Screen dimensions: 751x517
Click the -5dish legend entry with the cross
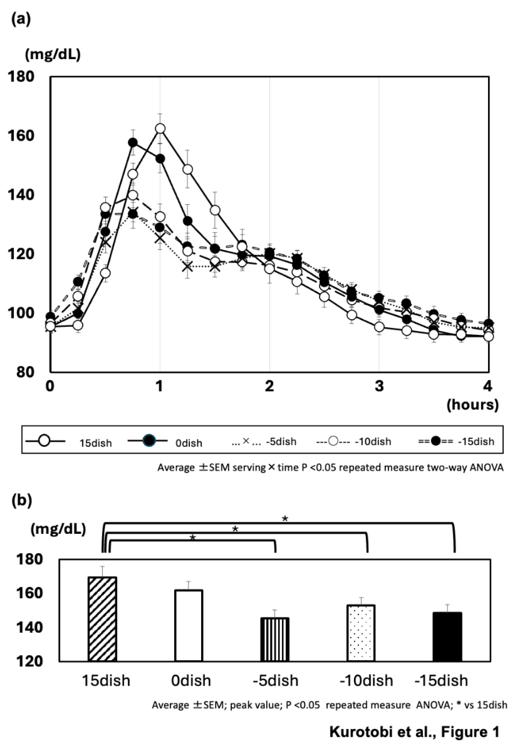[264, 441]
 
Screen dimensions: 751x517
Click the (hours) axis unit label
[472, 404]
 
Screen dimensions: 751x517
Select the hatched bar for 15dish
[102, 618]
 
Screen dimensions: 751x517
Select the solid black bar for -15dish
[447, 637]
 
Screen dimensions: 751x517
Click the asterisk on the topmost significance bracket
[285, 519]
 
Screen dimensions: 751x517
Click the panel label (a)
[21, 19]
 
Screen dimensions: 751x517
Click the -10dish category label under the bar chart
[366, 680]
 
